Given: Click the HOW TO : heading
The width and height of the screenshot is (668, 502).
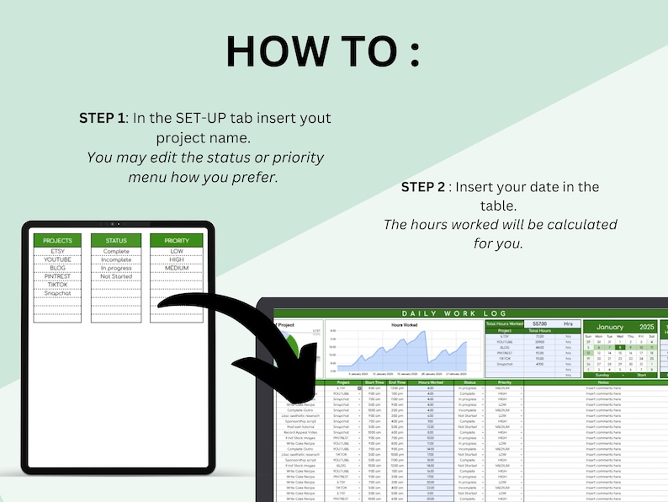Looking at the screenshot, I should pyautogui.click(x=322, y=51).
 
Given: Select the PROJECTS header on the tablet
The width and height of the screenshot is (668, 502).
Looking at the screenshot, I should pyautogui.click(x=58, y=240).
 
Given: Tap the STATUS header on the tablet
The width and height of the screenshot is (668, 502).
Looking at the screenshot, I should pyautogui.click(x=116, y=240).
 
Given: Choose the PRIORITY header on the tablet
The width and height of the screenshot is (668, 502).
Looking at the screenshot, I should pyautogui.click(x=177, y=240).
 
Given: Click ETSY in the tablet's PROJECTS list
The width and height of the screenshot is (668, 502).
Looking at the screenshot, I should pyautogui.click(x=58, y=251).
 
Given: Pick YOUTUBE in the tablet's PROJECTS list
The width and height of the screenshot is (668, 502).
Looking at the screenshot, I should pyautogui.click(x=58, y=259).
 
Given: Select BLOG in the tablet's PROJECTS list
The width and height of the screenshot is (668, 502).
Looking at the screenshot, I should pyautogui.click(x=58, y=268).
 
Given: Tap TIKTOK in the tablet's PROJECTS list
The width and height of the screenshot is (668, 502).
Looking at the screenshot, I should pyautogui.click(x=58, y=284).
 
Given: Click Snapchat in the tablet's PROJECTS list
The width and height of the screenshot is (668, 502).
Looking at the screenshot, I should pyautogui.click(x=58, y=292).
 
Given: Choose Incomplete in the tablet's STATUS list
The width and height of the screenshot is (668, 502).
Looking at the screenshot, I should pyautogui.click(x=116, y=259).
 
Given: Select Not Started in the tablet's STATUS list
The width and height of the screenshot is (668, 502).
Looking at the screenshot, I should pyautogui.click(x=116, y=275).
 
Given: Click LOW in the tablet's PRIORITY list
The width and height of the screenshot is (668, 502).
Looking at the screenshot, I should pyautogui.click(x=177, y=251).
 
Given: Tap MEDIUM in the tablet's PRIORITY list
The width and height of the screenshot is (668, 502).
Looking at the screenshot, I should pyautogui.click(x=177, y=268).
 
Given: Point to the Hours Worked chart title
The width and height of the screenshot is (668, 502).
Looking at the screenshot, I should pyautogui.click(x=404, y=324).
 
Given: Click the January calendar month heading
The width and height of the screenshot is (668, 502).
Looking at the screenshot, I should pyautogui.click(x=604, y=327).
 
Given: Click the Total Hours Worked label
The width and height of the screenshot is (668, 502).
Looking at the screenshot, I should pyautogui.click(x=505, y=323).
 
